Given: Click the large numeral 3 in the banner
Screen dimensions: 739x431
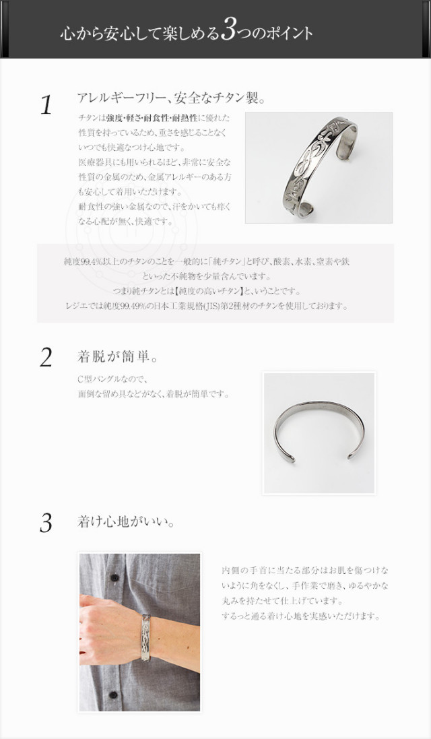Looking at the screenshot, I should coord(229,31).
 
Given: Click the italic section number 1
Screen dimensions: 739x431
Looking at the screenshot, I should coord(46,106).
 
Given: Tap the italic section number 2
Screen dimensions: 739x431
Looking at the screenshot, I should coord(46,358).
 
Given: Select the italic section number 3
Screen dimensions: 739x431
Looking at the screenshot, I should coord(46,523).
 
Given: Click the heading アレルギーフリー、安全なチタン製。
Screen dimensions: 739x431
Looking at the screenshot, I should coord(171,98).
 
